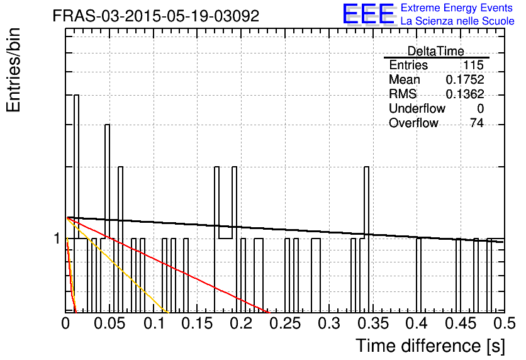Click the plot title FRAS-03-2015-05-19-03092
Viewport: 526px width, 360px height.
tap(155, 16)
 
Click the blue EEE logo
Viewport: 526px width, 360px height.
tap(369, 14)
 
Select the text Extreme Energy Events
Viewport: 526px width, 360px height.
tap(457, 8)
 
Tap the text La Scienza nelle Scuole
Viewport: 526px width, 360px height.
tap(457, 21)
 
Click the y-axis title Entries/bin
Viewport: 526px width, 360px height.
tap(13, 70)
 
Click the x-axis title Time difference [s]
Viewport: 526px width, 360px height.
tap(430, 346)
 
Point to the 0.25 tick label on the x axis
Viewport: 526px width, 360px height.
tap(285, 323)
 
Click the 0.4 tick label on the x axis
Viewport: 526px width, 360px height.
tap(417, 323)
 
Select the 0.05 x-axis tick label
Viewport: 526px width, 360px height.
tap(109, 323)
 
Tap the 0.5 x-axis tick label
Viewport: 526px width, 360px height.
tap(504, 323)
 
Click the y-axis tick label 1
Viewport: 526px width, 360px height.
tap(57, 239)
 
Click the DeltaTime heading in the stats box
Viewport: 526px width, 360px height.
tap(436, 51)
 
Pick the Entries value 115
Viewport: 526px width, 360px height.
tap(473, 65)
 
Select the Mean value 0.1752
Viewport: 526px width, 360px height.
tap(465, 79)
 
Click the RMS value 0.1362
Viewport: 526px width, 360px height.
tap(465, 94)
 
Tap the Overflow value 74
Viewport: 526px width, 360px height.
tap(477, 123)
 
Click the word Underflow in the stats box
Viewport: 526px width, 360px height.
tap(417, 108)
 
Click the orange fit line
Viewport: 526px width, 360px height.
tap(117, 265)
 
